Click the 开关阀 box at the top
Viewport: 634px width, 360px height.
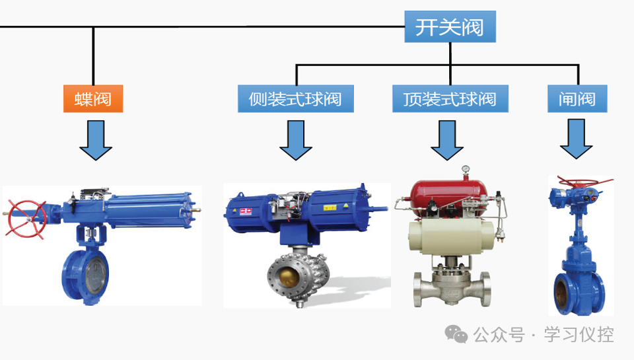tap(449, 26)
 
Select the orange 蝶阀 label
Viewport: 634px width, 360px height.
tap(93, 100)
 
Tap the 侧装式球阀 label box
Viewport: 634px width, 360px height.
tap(295, 100)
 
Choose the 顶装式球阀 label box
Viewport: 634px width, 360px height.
tap(449, 100)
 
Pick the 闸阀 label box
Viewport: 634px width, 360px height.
tap(577, 100)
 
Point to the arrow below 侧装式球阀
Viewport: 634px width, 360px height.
tap(295, 141)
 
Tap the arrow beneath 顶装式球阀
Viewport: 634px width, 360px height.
tap(447, 141)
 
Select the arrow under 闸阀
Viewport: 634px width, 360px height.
tap(576, 141)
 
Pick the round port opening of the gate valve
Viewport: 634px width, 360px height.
tap(565, 291)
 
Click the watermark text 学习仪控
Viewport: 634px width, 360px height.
tap(579, 335)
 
